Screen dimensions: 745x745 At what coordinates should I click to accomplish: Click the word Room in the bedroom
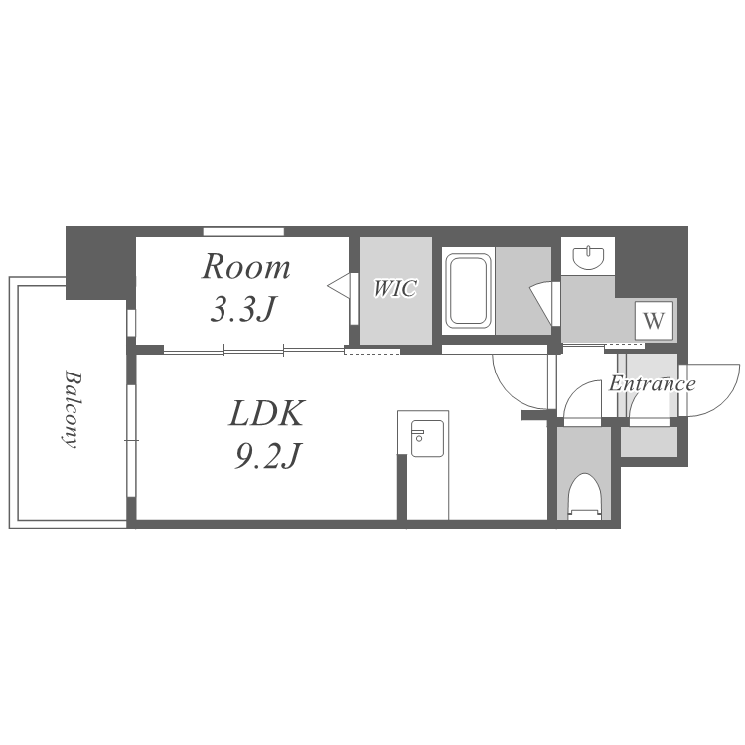coord(246,267)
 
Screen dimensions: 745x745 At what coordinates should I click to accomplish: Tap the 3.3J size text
coord(242,310)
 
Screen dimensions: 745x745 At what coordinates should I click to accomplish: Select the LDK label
coord(266,413)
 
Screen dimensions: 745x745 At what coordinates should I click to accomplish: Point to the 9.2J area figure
coord(267,456)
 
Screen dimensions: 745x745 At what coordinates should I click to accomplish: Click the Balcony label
coord(72,409)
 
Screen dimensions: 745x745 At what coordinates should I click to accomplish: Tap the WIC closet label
coord(395,288)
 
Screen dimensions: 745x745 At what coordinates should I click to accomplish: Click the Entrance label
coord(652,383)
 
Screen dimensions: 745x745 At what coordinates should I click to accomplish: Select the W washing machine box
coord(654,321)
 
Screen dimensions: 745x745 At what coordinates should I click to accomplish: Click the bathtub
coord(468,291)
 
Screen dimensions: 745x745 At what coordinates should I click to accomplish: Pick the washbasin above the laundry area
coord(588,257)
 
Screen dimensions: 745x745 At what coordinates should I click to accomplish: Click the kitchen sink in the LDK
coord(427,438)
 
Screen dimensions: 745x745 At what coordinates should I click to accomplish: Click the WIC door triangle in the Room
coord(339,286)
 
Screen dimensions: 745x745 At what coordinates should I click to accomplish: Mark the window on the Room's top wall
coord(243,232)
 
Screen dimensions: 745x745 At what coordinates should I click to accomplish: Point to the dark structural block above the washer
coord(651,263)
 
